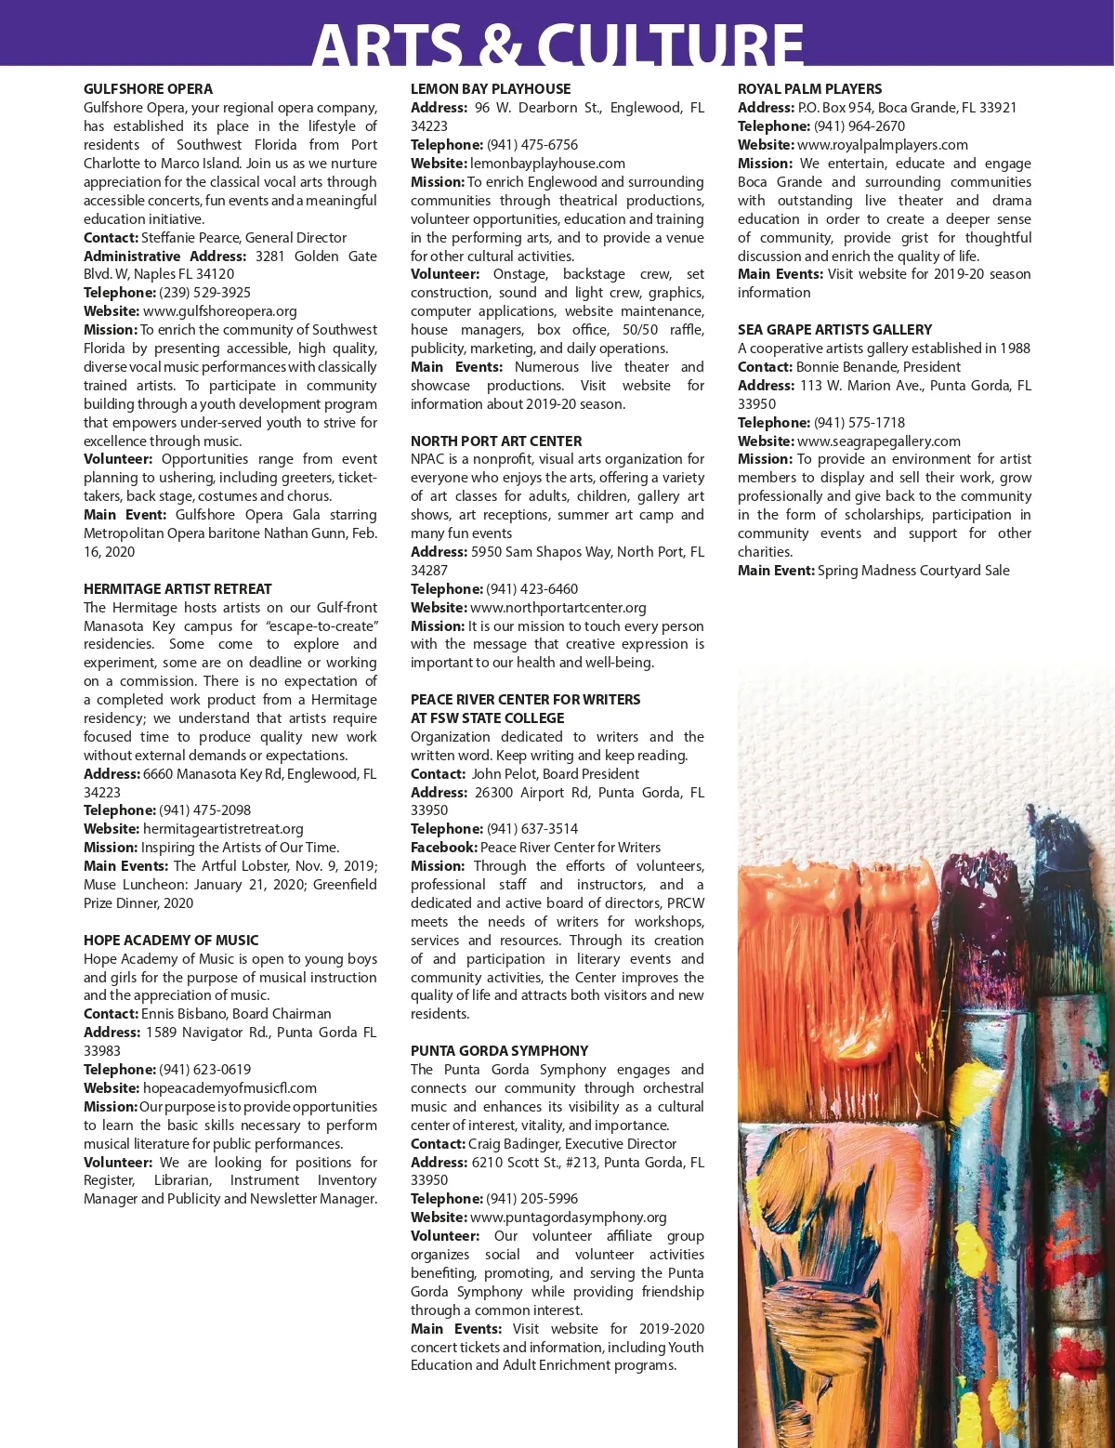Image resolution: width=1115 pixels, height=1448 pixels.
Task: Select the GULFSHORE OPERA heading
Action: pos(148,89)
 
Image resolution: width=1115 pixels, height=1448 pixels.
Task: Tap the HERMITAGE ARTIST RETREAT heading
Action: pos(177,589)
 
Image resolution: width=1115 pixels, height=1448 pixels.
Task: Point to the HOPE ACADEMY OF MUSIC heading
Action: pos(171,941)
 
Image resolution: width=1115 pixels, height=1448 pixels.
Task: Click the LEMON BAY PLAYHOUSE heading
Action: pos(491,89)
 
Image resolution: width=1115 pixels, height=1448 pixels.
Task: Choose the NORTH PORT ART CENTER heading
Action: pos(496,441)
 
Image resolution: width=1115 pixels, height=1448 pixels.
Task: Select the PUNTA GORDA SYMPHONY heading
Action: pos(499,1051)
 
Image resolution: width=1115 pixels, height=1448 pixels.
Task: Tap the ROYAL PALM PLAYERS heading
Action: pos(809,89)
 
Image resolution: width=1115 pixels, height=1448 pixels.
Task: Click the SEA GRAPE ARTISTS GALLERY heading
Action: pos(834,330)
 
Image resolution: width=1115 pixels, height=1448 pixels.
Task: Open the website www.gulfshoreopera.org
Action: pos(220,311)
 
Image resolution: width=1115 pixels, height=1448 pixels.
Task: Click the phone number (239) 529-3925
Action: pos(204,293)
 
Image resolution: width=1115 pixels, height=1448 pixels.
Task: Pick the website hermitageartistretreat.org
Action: pos(223,829)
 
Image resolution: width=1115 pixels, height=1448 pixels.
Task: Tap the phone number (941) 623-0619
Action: pos(204,1070)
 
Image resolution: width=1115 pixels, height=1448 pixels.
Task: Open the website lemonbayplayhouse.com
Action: pos(547,164)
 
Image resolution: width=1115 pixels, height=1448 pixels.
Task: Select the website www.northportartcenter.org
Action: pos(558,608)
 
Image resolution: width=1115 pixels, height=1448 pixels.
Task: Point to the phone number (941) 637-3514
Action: pos(531,829)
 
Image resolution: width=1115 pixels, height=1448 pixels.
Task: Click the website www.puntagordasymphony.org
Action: pos(569,1218)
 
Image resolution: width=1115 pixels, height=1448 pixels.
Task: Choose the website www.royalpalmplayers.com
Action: pos(883,145)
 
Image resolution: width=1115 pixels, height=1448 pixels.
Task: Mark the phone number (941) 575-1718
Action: pos(859,423)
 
